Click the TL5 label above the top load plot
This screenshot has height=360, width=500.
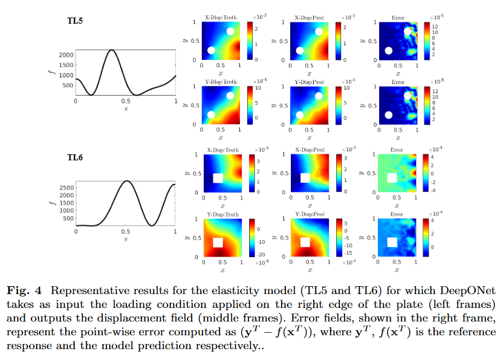[75, 21]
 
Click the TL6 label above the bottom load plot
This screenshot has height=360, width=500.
[75, 158]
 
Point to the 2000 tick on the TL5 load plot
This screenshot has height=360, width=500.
[67, 55]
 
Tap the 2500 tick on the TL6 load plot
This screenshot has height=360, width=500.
[67, 188]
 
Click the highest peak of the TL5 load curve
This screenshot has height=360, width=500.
[111, 50]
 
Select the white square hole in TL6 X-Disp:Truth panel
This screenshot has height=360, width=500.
[218, 178]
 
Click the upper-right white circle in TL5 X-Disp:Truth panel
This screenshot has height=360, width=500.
[230, 31]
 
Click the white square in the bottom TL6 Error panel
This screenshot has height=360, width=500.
[391, 242]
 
